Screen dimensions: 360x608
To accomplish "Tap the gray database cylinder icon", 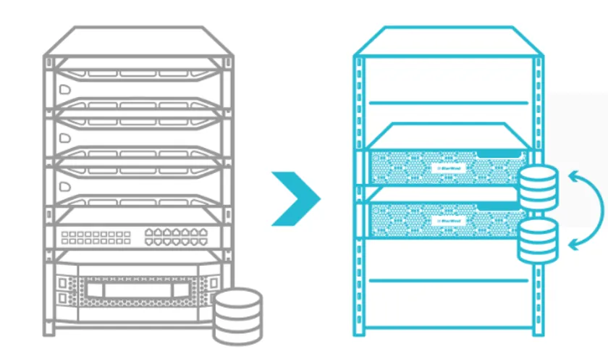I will tap(237, 315).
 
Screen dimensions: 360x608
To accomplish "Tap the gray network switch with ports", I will tap(138, 232).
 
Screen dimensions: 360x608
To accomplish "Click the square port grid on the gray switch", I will tap(96, 236).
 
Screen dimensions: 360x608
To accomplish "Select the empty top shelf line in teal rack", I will tap(449, 103).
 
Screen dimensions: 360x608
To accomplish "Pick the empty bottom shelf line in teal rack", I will tap(449, 280).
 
